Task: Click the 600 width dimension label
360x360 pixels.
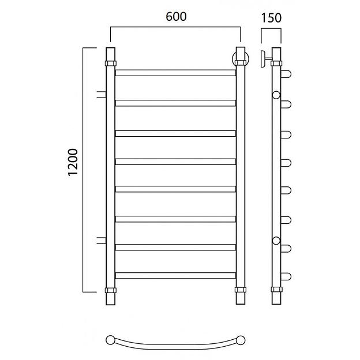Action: [176, 17]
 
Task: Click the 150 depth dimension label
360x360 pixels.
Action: [271, 18]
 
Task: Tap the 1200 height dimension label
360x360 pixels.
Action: [73, 162]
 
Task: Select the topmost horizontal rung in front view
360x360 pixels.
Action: [175, 73]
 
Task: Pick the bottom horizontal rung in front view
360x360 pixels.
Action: [175, 276]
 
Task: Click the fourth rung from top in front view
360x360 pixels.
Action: [175, 162]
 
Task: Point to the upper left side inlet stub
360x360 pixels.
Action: [102, 95]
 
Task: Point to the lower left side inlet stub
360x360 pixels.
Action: [102, 240]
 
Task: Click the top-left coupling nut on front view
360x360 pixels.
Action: [111, 63]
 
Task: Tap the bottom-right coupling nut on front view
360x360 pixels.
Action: [241, 290]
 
